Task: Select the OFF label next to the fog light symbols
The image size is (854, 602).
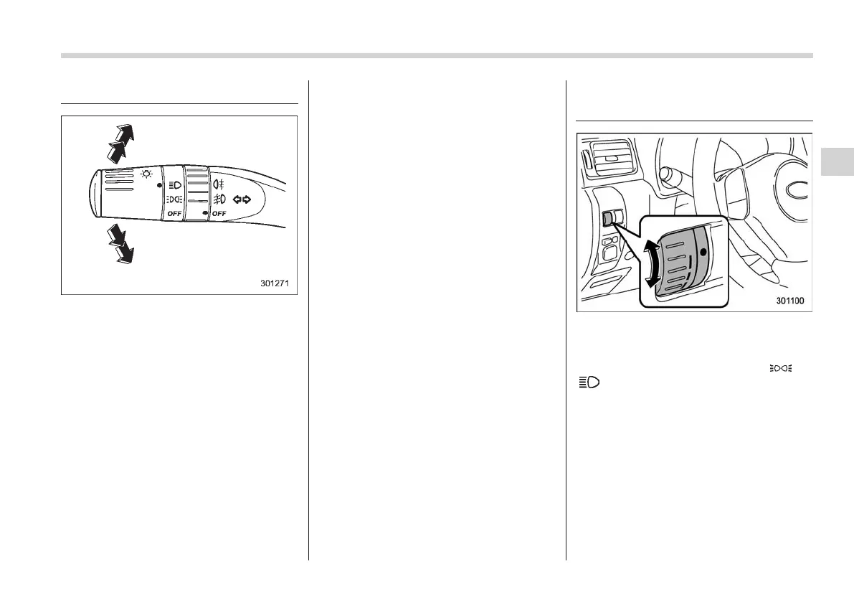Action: pyautogui.click(x=219, y=214)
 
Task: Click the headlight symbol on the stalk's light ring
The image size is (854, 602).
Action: pyautogui.click(x=174, y=185)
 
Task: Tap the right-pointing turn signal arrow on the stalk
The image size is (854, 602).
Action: pyautogui.click(x=247, y=199)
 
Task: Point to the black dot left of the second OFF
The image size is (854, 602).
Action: pyautogui.click(x=205, y=213)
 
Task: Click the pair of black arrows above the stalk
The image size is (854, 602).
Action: pyautogui.click(x=118, y=143)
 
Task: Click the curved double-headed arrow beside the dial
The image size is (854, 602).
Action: pyautogui.click(x=651, y=264)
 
